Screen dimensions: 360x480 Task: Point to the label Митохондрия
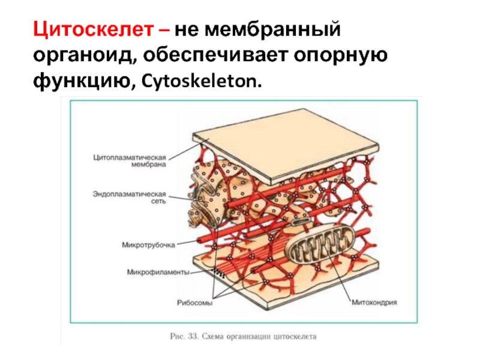(375, 303)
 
